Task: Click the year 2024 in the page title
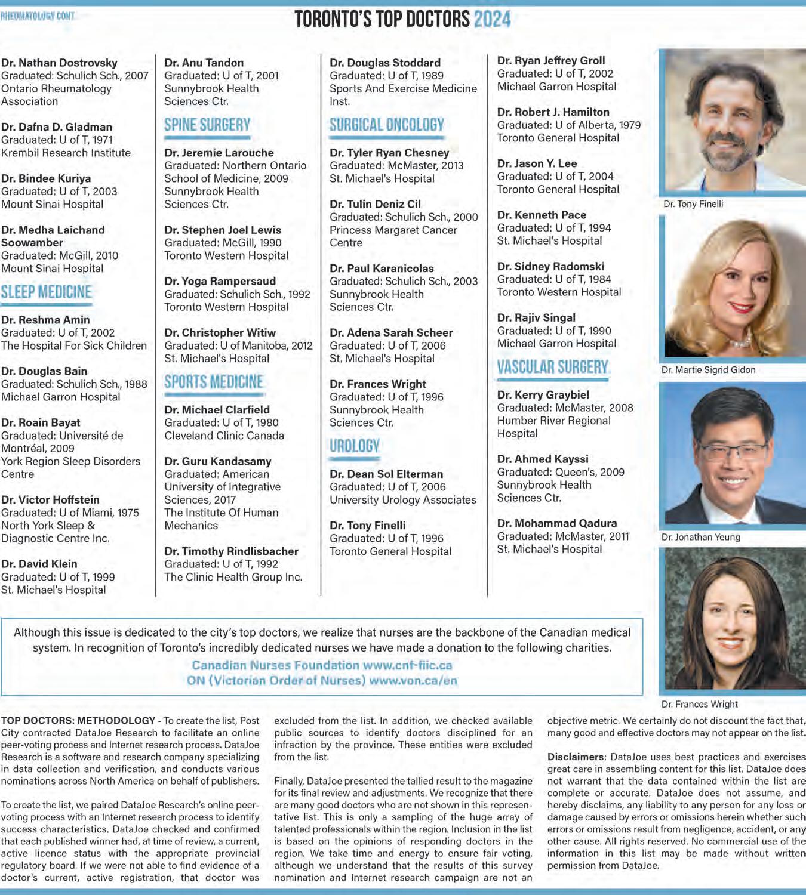pos(492,19)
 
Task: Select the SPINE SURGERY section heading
pos(207,125)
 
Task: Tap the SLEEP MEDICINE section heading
pos(47,292)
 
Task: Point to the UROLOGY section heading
pos(355,446)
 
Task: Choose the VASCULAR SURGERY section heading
pos(553,367)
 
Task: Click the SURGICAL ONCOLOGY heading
pos(387,125)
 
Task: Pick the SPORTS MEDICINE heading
pos(214,382)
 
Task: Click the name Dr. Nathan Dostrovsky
pos(59,63)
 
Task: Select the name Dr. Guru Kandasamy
pos(218,461)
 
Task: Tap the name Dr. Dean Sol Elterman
pos(386,474)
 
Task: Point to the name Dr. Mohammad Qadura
pos(557,523)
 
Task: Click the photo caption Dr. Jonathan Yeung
pos(700,537)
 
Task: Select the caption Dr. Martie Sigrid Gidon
pos(708,370)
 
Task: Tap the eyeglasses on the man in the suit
pos(731,452)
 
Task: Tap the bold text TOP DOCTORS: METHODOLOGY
pos(78,721)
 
